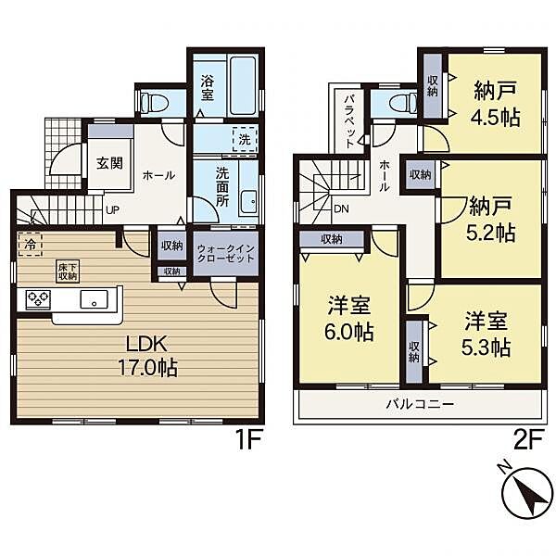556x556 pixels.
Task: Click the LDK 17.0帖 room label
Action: coord(147,356)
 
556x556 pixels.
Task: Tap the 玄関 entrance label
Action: coord(109,163)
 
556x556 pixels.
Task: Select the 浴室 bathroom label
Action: coord(208,88)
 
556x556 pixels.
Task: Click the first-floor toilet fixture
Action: coord(155,103)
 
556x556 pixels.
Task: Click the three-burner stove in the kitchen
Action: coord(38,299)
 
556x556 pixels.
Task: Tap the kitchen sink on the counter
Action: coord(94,299)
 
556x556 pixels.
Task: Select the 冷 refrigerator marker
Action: coord(31,244)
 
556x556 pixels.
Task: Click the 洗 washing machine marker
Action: coord(245,139)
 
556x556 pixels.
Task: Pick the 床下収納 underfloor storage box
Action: coord(67,272)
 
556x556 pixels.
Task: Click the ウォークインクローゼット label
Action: coord(226,253)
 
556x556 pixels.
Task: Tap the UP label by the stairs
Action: coord(112,210)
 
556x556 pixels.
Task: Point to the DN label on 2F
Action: coord(341,208)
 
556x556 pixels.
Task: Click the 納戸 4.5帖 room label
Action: coord(496,104)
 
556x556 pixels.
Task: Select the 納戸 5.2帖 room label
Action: coord(491,219)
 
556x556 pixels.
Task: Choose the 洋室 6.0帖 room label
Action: coord(349,319)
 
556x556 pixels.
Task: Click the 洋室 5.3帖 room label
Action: coord(486,334)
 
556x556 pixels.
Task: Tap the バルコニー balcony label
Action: coord(421,404)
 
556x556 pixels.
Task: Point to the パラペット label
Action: coord(349,121)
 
